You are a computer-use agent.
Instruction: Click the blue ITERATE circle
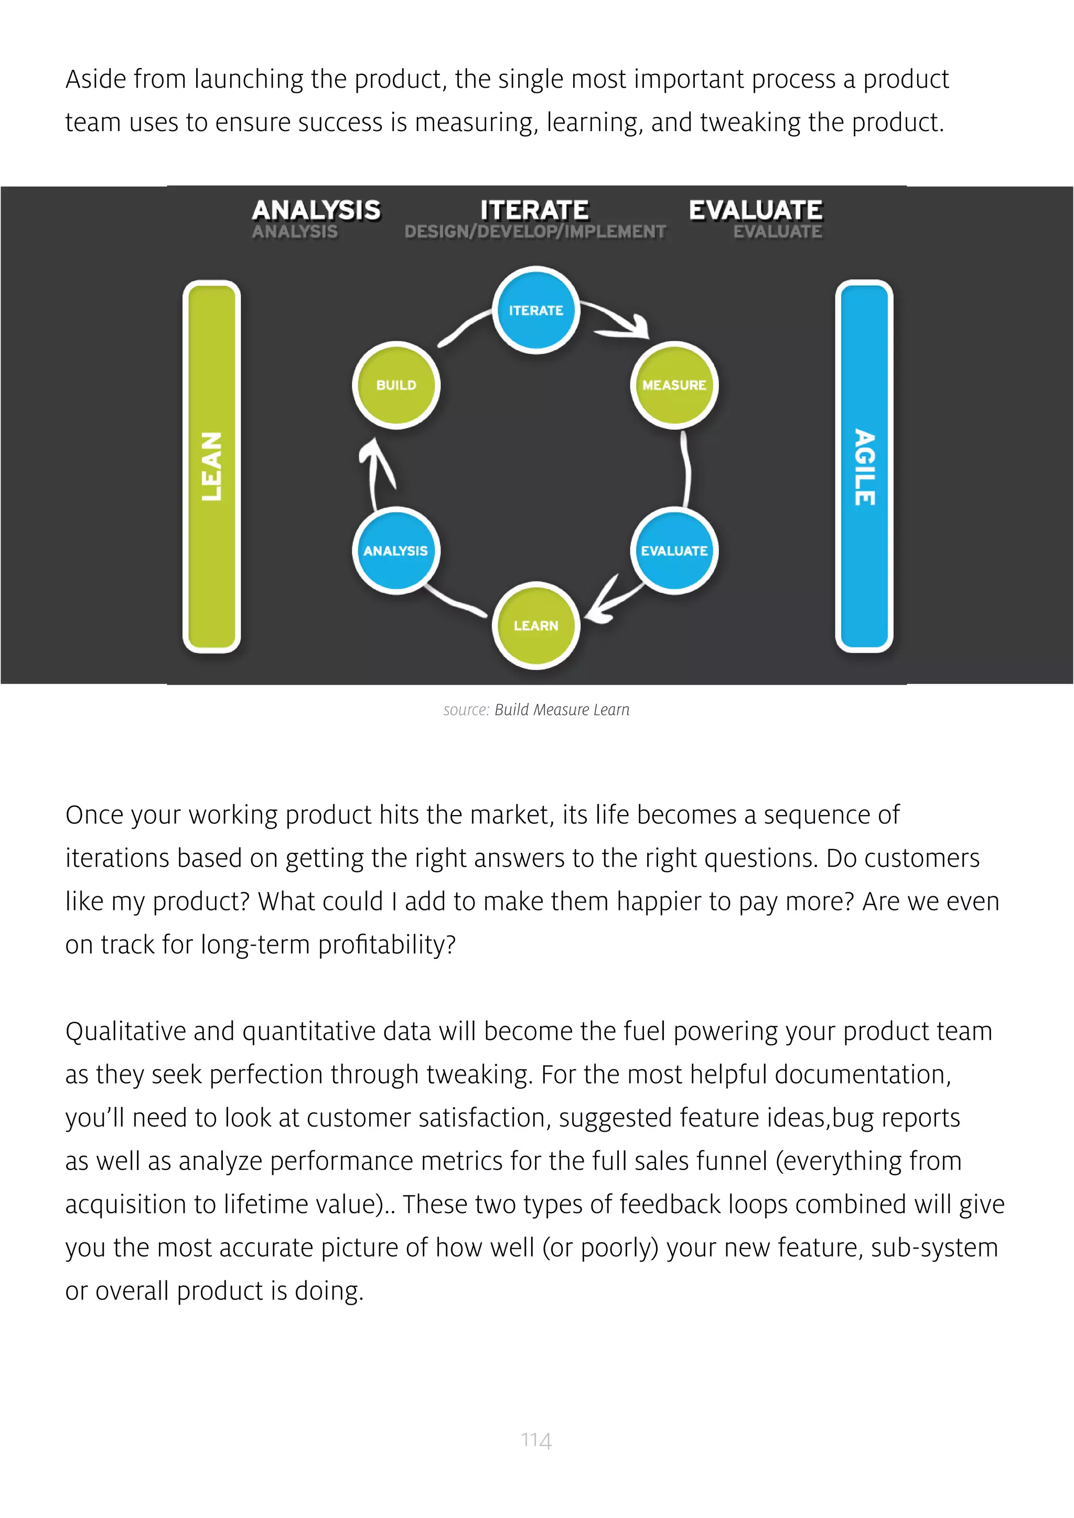coord(535,310)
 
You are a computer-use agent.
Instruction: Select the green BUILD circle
coord(396,385)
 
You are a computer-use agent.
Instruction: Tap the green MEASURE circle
coord(674,385)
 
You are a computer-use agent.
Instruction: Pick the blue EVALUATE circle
coord(674,551)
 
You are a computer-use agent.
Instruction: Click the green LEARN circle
coord(535,625)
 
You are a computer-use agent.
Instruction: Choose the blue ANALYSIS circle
coord(395,551)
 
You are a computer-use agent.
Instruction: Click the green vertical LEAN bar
coord(212,466)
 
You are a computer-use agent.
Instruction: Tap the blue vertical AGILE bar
coord(864,466)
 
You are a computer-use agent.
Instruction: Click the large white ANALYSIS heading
coord(316,210)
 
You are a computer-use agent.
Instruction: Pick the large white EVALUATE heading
coord(755,210)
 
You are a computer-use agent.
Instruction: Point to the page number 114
coord(535,1439)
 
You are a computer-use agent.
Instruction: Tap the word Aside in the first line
coord(95,79)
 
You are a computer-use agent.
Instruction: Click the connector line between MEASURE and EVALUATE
coord(686,470)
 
